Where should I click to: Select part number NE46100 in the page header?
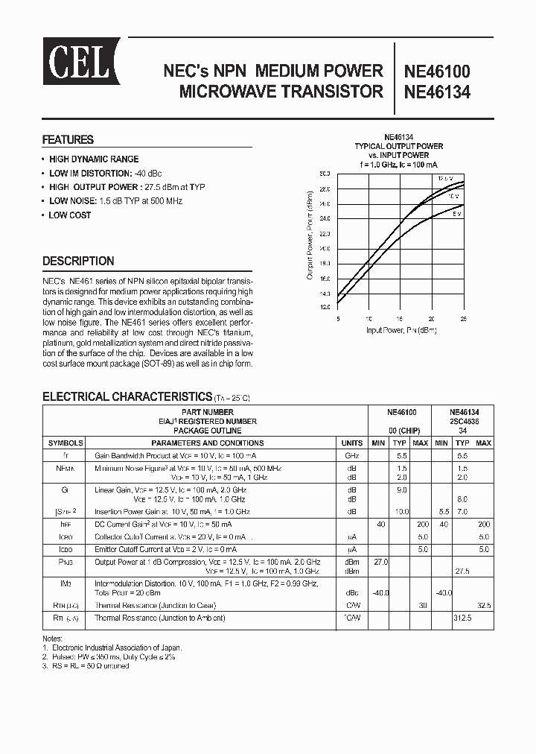pyautogui.click(x=436, y=72)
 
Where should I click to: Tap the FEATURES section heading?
pyautogui.click(x=68, y=139)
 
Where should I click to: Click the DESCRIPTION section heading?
pyautogui.click(x=78, y=261)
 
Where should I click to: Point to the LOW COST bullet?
pyautogui.click(x=69, y=215)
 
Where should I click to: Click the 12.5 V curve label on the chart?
pyautogui.click(x=444, y=179)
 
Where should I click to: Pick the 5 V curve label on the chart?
pyautogui.click(x=456, y=213)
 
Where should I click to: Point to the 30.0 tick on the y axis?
pyautogui.click(x=325, y=174)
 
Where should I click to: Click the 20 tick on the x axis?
pyautogui.click(x=431, y=318)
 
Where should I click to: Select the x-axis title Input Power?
pyautogui.click(x=401, y=329)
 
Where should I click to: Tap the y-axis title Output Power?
pyautogui.click(x=310, y=236)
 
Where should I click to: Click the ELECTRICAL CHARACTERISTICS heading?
pyautogui.click(x=127, y=396)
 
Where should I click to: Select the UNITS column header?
pyautogui.click(x=351, y=443)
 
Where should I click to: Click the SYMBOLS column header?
pyautogui.click(x=66, y=443)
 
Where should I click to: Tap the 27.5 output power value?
pyautogui.click(x=462, y=570)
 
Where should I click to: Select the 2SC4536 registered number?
pyautogui.click(x=464, y=421)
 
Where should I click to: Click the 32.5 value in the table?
pyautogui.click(x=484, y=606)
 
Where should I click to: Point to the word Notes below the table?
pyautogui.click(x=54, y=639)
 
